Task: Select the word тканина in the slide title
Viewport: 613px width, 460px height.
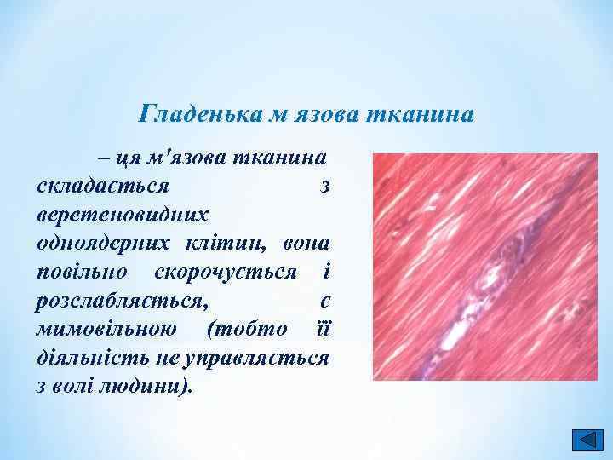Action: (419, 112)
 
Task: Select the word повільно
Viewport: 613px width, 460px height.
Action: (83, 272)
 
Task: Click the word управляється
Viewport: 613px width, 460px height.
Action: (262, 358)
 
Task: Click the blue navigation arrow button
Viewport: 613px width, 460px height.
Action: (585, 440)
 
